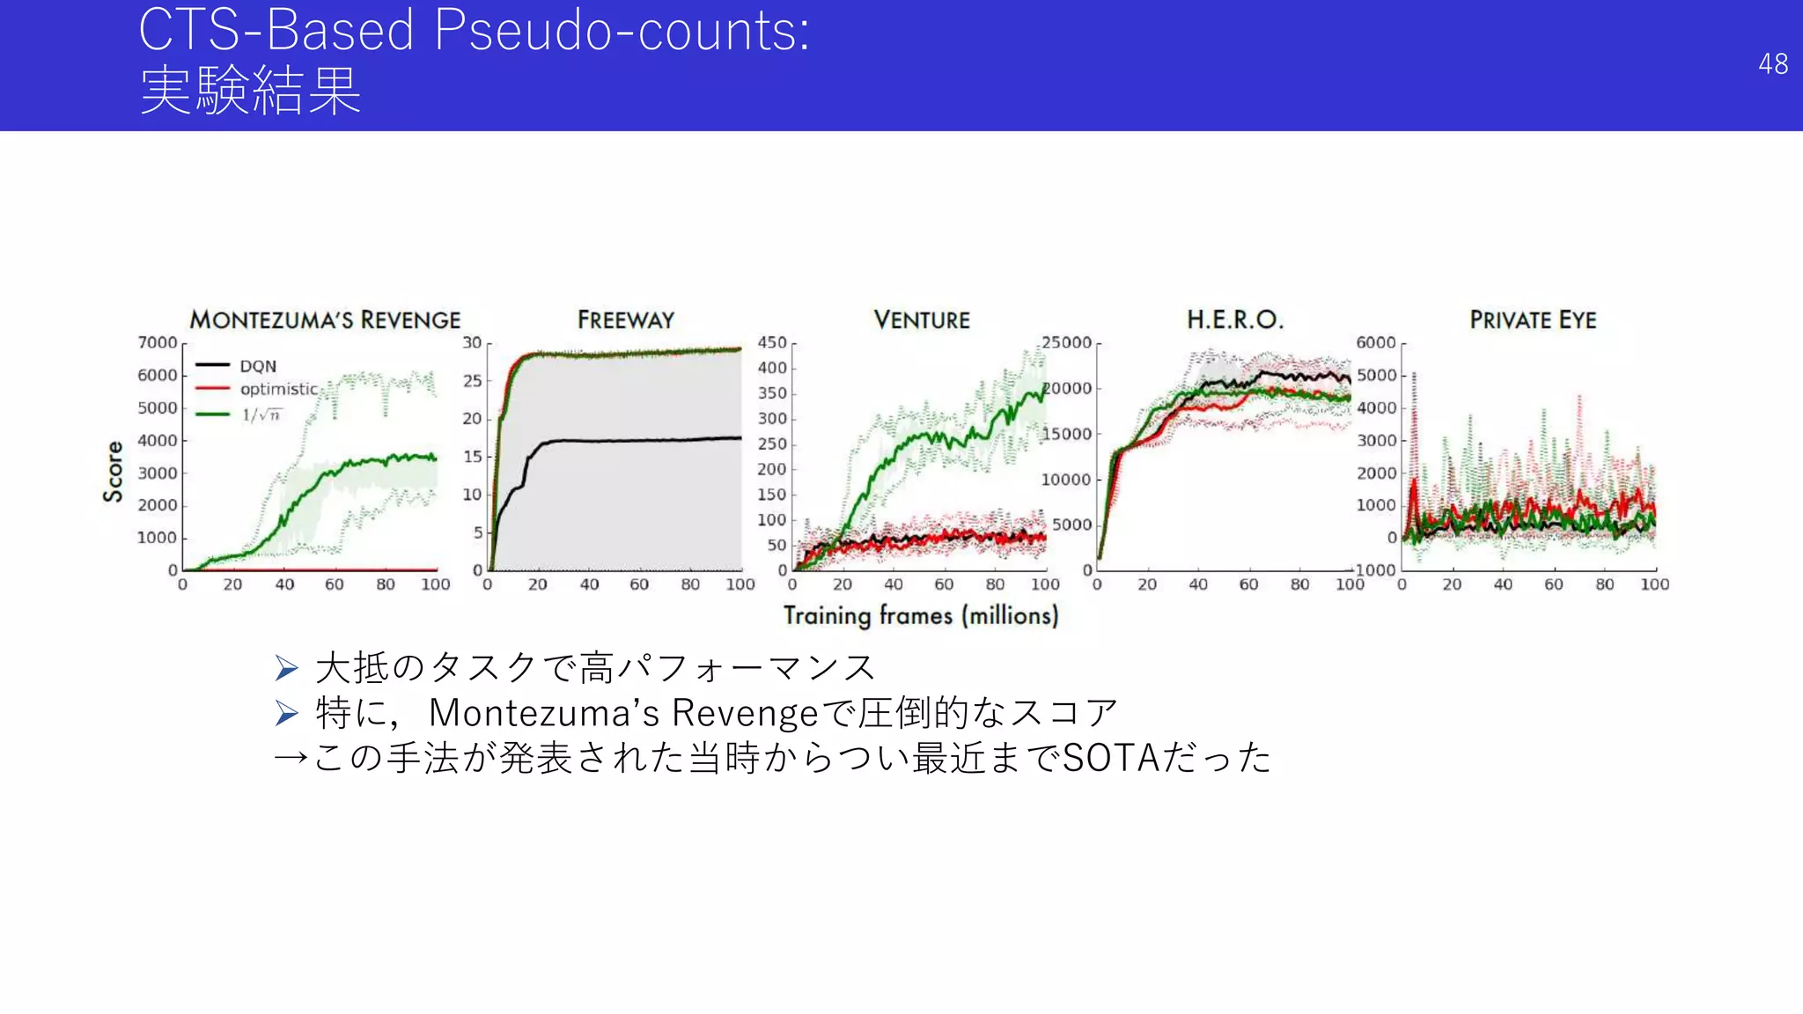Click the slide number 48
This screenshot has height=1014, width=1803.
pos(1772,64)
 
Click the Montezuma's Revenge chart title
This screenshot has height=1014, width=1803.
pos(325,320)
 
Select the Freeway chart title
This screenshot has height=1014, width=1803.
pos(625,320)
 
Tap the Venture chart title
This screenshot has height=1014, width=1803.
pos(921,320)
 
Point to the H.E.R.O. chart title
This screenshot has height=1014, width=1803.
pos(1234,320)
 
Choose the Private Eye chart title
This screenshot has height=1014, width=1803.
pos(1532,320)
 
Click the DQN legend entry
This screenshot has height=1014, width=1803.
pos(257,366)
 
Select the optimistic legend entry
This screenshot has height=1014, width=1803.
pos(278,389)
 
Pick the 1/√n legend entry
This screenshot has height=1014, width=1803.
pos(261,414)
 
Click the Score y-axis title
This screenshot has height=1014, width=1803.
pos(114,472)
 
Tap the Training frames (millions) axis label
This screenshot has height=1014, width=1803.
pos(920,615)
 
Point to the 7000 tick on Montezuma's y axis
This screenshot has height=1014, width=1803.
pos(158,342)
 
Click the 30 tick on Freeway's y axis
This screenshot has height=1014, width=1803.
pos(472,342)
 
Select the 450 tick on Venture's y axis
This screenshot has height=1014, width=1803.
pos(772,342)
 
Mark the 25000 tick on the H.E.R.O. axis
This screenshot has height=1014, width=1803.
pos(1066,342)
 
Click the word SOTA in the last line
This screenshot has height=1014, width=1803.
pos(1111,758)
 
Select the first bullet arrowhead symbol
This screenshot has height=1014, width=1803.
pos(287,668)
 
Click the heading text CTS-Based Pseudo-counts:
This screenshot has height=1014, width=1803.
pos(474,31)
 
